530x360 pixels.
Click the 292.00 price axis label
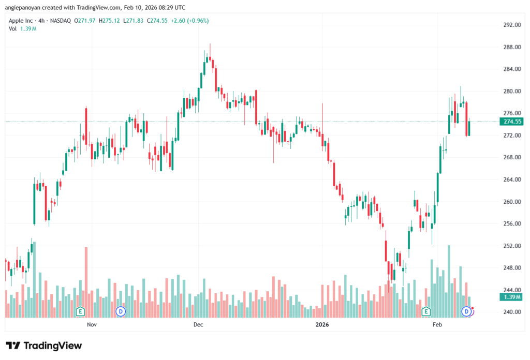coord(511,25)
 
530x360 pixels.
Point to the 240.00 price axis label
coord(511,312)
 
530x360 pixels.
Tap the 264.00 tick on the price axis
coord(511,179)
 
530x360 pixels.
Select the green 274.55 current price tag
coord(511,122)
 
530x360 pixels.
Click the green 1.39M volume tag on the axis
coord(511,297)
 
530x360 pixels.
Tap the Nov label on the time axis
coord(92,325)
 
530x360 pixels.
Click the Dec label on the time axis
coord(198,325)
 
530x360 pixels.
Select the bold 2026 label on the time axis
coord(322,325)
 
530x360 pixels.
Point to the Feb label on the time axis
coord(437,325)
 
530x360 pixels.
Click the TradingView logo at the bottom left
coord(44,346)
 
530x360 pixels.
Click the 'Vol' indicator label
coord(12,28)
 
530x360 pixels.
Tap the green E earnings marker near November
coord(80,311)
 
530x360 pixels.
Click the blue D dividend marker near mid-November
coord(121,311)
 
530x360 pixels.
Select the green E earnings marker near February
coord(426,311)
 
